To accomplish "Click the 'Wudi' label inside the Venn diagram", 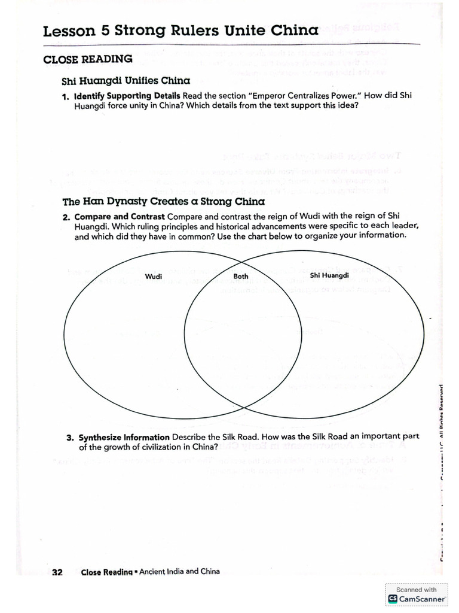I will pyautogui.click(x=154, y=276).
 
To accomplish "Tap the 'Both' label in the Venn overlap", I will pyautogui.click(x=241, y=276).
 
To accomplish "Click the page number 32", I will pyautogui.click(x=57, y=572).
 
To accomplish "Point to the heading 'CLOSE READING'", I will pyautogui.click(x=88, y=59).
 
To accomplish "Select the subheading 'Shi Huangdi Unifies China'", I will pyautogui.click(x=126, y=81).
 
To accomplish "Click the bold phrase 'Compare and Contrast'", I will pyautogui.click(x=120, y=216).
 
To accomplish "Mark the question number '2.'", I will pyautogui.click(x=66, y=216).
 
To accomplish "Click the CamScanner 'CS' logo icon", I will pyautogui.click(x=393, y=599).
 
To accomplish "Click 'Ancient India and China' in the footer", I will pyautogui.click(x=179, y=572).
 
